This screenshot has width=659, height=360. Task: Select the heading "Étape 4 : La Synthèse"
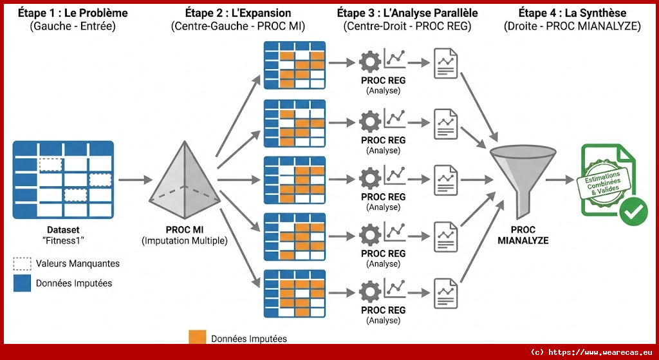click(566, 13)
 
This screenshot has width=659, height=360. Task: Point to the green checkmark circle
click(634, 211)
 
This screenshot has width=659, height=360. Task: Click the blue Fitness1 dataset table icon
click(63, 180)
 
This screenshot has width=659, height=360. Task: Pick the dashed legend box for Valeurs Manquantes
click(22, 263)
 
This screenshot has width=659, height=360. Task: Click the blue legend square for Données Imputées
click(22, 283)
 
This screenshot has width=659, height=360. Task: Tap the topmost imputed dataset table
click(295, 64)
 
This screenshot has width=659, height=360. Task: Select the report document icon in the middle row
click(445, 176)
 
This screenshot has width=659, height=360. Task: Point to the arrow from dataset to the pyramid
click(135, 180)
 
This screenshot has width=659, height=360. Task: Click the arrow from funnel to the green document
click(561, 180)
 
